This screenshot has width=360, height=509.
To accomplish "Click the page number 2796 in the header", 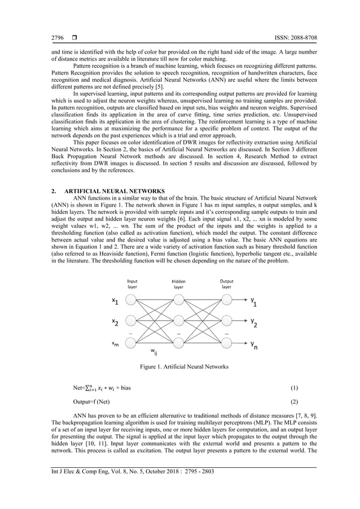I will point(58,38).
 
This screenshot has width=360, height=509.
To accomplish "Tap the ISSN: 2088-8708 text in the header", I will point(291,38).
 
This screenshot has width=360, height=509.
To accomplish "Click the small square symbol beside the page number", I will point(74,38).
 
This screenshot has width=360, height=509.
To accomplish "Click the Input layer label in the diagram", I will point(133,283).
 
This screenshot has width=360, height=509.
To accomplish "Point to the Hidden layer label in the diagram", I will point(178,283).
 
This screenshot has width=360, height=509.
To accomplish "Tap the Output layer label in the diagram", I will point(226,283).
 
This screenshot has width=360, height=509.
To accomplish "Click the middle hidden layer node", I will point(179,322).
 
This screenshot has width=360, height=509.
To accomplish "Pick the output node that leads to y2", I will point(226,322).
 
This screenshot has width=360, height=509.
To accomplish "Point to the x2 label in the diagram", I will point(115,323).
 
